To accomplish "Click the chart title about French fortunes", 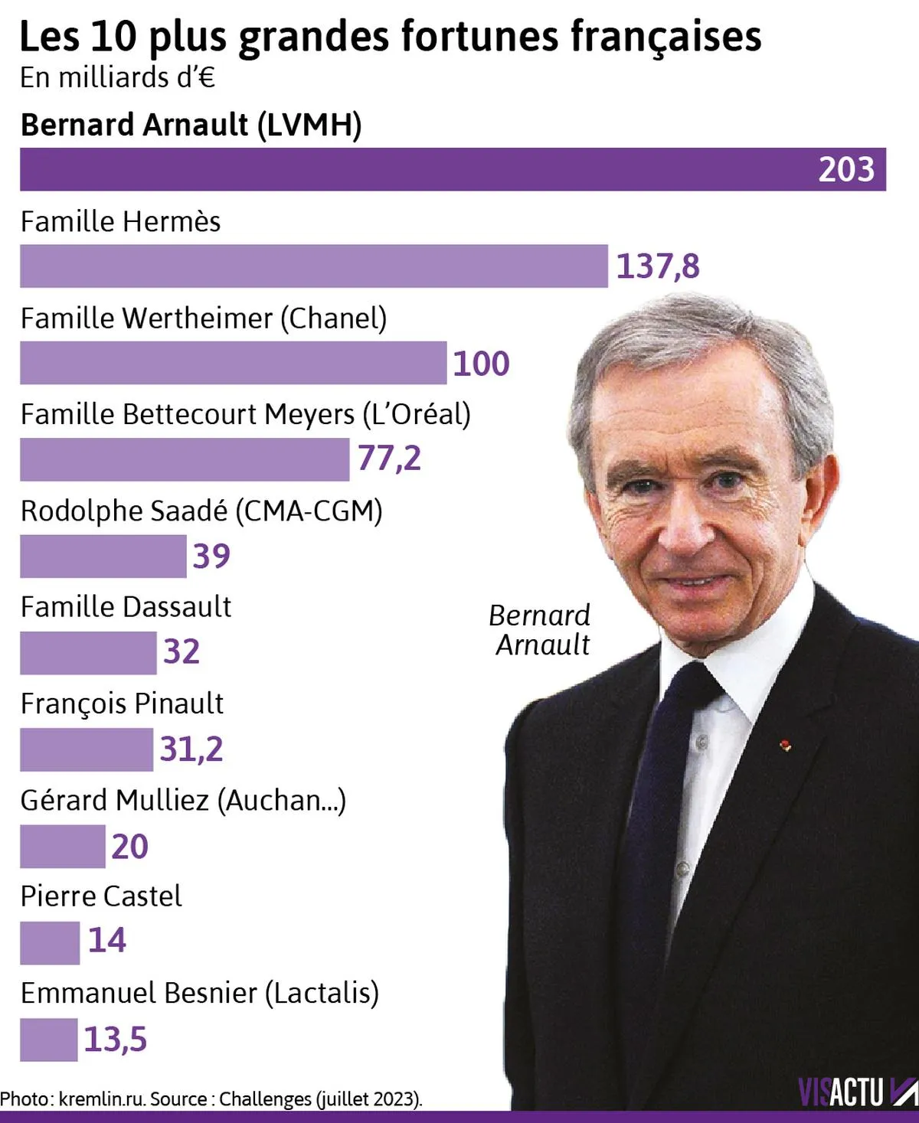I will click(x=390, y=36).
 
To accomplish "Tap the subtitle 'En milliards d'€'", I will click(x=117, y=77).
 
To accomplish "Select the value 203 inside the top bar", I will click(x=845, y=169).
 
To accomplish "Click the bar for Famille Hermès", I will click(x=313, y=266).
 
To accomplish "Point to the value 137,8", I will click(x=658, y=266).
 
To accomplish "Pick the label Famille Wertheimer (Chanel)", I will click(x=203, y=318).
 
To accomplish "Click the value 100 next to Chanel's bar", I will click(x=481, y=363).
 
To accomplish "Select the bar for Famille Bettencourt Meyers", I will click(x=185, y=459).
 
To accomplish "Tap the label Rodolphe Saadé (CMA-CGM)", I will click(x=201, y=511).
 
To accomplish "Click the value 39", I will click(x=211, y=556).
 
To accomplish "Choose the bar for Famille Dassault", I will click(x=88, y=653).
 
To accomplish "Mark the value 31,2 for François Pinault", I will click(x=191, y=749).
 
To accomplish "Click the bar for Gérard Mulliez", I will click(x=62, y=846).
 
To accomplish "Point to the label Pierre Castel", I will click(x=101, y=896).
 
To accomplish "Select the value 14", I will click(x=106, y=941).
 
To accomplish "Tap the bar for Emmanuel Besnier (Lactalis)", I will click(x=48, y=1040).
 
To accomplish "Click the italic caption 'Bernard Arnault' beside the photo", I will click(x=541, y=630).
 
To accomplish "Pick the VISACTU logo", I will click(x=857, y=1092).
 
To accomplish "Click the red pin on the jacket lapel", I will click(x=784, y=744).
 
